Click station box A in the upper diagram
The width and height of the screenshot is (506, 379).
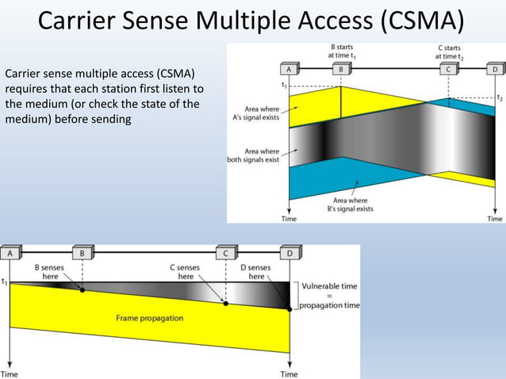[289, 69]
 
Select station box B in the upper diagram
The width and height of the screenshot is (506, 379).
[342, 69]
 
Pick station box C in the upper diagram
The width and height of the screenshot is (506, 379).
[449, 69]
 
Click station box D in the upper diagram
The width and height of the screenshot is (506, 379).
[495, 69]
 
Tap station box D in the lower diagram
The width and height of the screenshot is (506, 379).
[289, 254]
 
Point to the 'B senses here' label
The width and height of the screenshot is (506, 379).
[50, 272]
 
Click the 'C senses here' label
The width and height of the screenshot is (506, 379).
[186, 272]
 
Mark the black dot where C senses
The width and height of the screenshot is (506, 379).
[226, 304]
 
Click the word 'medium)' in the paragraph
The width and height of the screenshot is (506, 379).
[28, 119]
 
